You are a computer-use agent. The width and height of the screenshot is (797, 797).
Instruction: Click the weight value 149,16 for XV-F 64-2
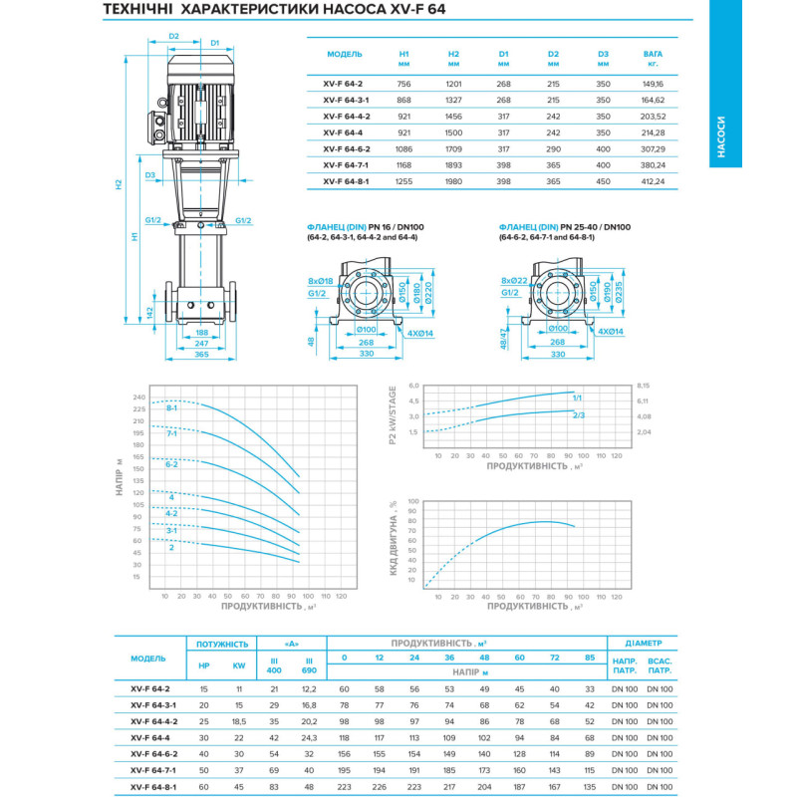[653, 84]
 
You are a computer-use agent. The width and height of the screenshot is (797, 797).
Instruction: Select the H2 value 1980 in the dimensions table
[453, 181]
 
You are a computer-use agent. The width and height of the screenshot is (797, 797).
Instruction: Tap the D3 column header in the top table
[603, 54]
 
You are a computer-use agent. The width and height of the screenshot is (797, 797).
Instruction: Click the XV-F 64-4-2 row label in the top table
[346, 117]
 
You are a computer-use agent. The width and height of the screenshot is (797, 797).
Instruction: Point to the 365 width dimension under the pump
[202, 355]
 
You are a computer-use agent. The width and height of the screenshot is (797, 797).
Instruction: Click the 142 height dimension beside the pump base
[150, 313]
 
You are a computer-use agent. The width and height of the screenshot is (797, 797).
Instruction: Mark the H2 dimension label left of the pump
[119, 184]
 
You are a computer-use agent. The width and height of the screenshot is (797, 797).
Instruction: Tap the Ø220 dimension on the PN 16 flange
[428, 293]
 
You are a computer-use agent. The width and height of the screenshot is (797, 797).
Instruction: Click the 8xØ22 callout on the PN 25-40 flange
[514, 281]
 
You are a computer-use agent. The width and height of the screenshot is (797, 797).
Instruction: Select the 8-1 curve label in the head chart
[171, 408]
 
